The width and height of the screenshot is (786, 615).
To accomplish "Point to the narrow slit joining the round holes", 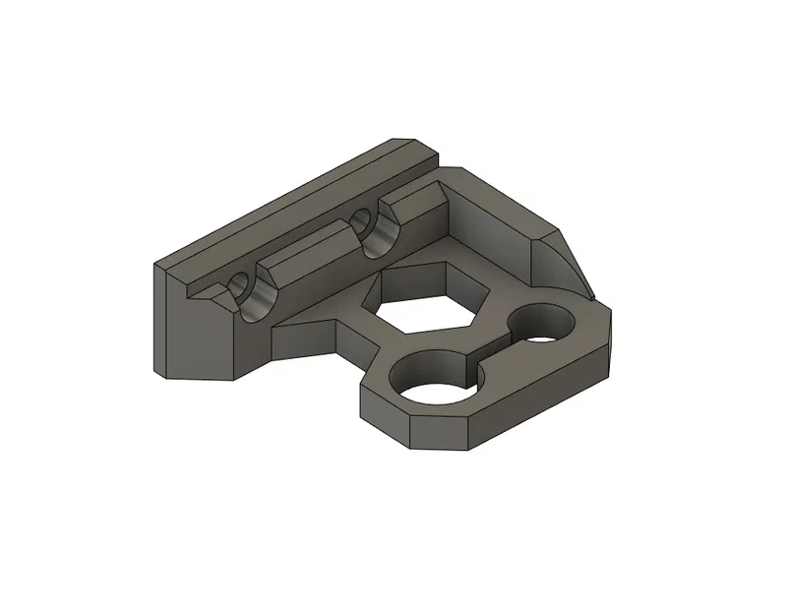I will point(492,356).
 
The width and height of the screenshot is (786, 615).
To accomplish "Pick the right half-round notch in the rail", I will point(377,232).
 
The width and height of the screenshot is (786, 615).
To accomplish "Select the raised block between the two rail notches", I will point(307,260).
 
